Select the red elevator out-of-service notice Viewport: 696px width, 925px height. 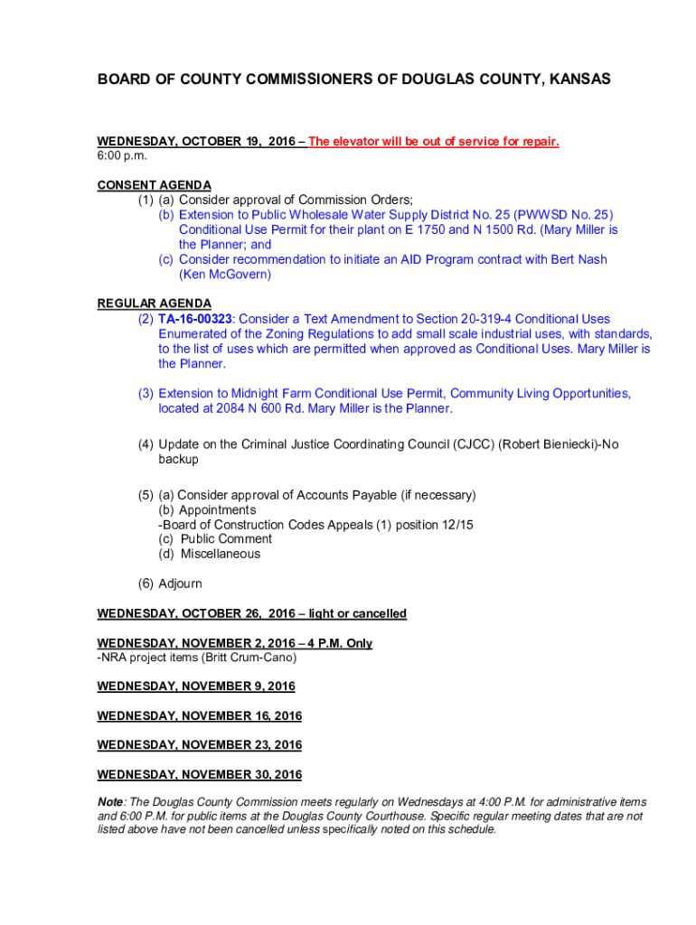click(434, 142)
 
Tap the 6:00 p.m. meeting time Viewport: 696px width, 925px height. click(122, 156)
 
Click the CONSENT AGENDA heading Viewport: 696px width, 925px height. click(154, 185)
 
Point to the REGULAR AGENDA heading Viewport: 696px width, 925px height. click(154, 304)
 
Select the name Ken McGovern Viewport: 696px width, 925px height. click(224, 274)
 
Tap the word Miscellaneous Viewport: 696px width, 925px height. click(220, 554)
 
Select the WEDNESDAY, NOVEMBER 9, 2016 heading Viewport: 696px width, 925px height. click(195, 687)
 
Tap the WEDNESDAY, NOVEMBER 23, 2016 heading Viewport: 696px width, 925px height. click(199, 745)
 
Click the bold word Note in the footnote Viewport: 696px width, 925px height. click(111, 802)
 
